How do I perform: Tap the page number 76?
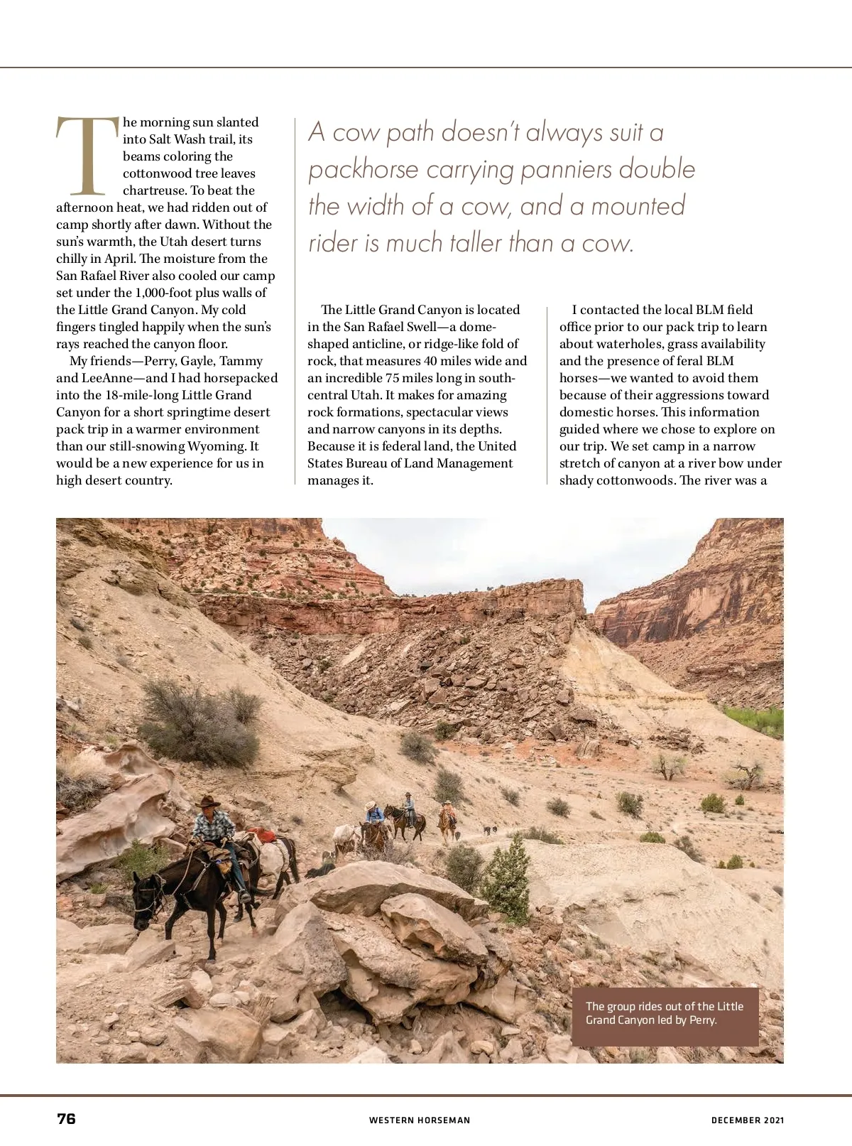coord(66,1118)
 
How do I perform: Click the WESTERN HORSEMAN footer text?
coord(420,1120)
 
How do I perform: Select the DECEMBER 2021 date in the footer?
coord(748,1120)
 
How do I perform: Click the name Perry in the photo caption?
coord(703,1020)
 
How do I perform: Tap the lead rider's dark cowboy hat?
coord(209,802)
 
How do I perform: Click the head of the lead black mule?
coord(146,897)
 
